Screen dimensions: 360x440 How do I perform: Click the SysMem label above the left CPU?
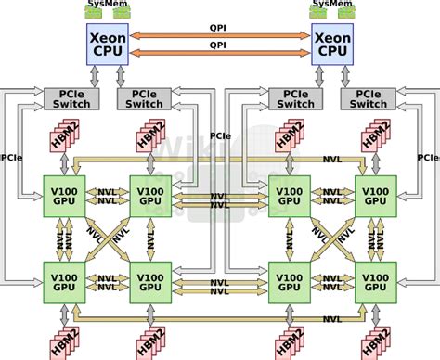[x=108, y=4]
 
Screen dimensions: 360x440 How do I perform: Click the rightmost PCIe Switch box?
[x=364, y=99]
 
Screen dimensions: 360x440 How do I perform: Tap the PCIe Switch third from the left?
[x=291, y=99]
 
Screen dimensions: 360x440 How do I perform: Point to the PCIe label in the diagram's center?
[x=221, y=135]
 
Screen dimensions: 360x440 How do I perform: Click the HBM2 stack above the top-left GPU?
[x=64, y=136]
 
